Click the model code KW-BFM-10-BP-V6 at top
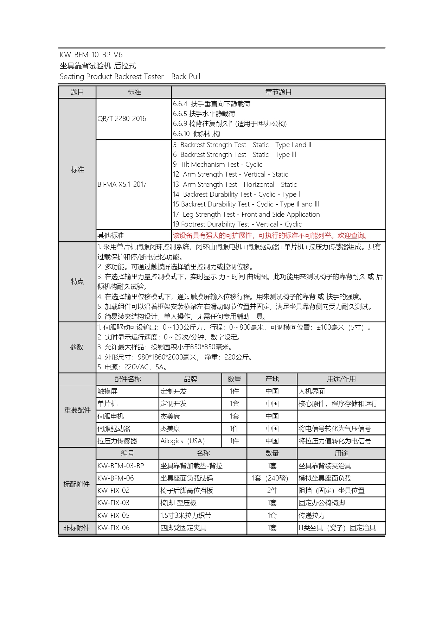[91, 55]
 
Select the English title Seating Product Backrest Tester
[130, 77]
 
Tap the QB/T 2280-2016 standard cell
[122, 119]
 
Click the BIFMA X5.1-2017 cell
[122, 184]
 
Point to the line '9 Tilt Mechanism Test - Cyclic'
[218, 164]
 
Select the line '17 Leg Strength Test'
[246, 214]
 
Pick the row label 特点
[77, 281]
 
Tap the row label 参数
[77, 347]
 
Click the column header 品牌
[190, 379]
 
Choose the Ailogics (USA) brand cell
[182, 441]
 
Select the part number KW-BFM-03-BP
[121, 466]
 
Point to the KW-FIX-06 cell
[114, 528]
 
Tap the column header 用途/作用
[341, 379]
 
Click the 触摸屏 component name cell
[108, 391]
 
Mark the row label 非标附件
[76, 528]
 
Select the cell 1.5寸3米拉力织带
[186, 515]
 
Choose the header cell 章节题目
[278, 92]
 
